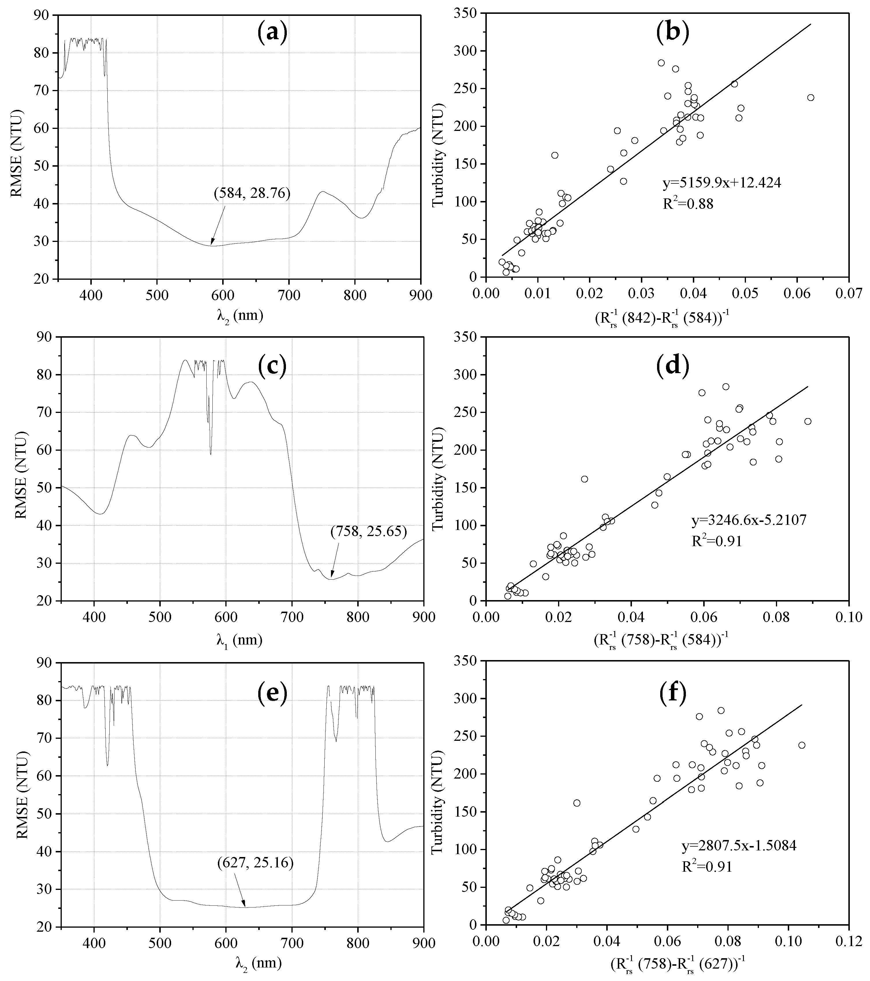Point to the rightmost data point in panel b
[x=811, y=97]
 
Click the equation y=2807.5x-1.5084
[x=739, y=846]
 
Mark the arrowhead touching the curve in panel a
[x=212, y=244]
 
